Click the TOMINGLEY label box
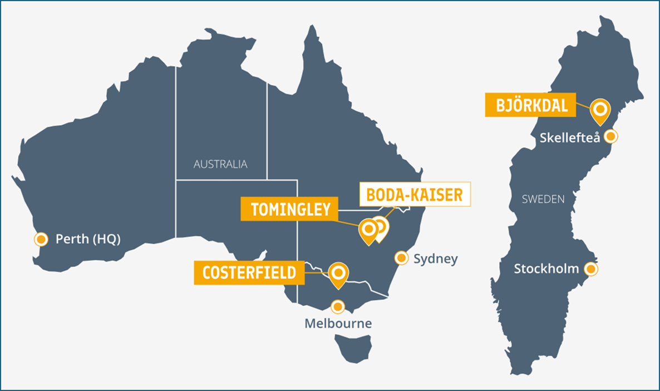click(290, 210)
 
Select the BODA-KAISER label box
click(415, 195)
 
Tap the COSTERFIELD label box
click(249, 273)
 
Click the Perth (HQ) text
click(88, 239)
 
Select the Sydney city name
click(435, 259)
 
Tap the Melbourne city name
click(338, 323)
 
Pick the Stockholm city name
click(546, 269)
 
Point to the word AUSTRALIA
click(220, 164)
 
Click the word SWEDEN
click(543, 199)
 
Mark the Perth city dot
click(41, 239)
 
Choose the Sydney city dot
click(401, 258)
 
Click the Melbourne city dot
click(337, 306)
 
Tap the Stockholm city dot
click(590, 269)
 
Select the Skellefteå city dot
click(610, 136)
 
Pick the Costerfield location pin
click(338, 273)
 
